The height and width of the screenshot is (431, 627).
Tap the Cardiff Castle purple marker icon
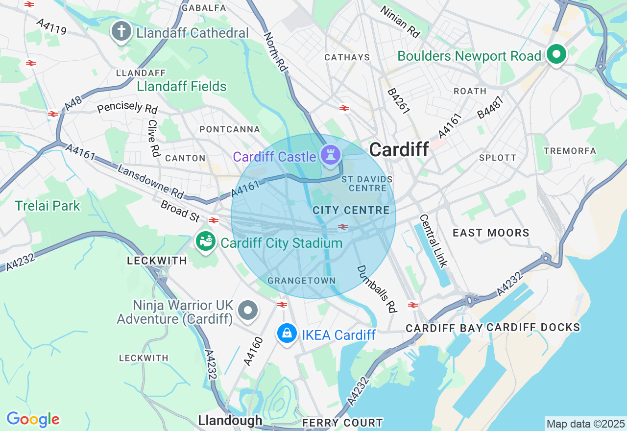pos(330,155)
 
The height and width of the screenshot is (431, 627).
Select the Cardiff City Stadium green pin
pos(206,241)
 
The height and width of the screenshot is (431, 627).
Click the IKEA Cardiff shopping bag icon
pos(287,334)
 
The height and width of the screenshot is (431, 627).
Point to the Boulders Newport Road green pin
pos(556,54)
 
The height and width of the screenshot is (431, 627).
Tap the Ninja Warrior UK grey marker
pos(248,310)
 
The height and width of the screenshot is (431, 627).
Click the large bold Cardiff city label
pos(399,149)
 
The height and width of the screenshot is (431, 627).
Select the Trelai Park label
pos(48,206)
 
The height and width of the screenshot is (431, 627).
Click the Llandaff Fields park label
pos(182,87)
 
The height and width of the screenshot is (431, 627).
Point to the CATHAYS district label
pos(347,57)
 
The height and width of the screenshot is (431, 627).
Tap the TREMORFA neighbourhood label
pos(570,151)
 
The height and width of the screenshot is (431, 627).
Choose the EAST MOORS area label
pos(491,233)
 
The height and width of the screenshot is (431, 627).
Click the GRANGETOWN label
pos(301,281)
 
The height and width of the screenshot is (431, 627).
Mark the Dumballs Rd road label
pos(376,289)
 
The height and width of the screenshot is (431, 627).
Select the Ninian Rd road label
pos(400,22)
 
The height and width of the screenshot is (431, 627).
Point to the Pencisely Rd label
pos(127,107)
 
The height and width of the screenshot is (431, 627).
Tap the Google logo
pos(33,419)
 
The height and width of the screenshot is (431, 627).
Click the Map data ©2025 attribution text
pos(585,424)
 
